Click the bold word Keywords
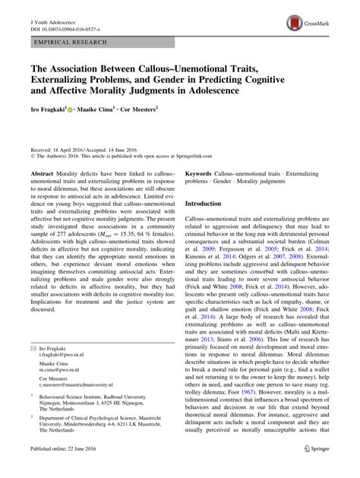tap(199, 151)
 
